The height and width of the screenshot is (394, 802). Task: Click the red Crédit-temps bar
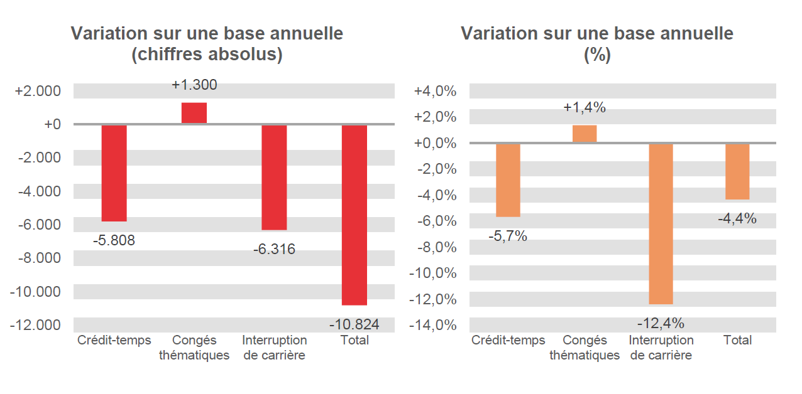pyautogui.click(x=114, y=173)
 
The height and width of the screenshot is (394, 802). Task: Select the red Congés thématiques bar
pyautogui.click(x=194, y=113)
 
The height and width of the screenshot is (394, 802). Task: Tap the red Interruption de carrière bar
pyautogui.click(x=274, y=177)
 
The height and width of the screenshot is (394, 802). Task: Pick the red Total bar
pyautogui.click(x=354, y=215)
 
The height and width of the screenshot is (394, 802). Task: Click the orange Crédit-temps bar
pyautogui.click(x=508, y=180)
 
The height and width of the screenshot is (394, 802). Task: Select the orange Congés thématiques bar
pyautogui.click(x=584, y=134)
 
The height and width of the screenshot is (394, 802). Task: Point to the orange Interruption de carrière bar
pyautogui.click(x=661, y=223)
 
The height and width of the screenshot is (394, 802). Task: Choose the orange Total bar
pyautogui.click(x=737, y=171)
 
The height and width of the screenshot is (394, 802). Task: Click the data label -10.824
pyautogui.click(x=354, y=324)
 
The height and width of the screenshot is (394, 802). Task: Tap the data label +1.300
pyautogui.click(x=194, y=85)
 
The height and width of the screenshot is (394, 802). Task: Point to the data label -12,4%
pyautogui.click(x=661, y=324)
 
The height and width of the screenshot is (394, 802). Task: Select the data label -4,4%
pyautogui.click(x=737, y=219)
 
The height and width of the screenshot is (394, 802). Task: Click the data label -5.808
pyautogui.click(x=114, y=240)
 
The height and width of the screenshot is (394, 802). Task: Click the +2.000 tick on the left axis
pyautogui.click(x=38, y=91)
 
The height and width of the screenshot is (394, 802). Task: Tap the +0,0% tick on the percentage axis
pyautogui.click(x=434, y=143)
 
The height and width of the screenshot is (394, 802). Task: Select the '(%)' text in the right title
pyautogui.click(x=597, y=55)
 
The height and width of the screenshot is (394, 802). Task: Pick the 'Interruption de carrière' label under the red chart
pyautogui.click(x=274, y=348)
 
